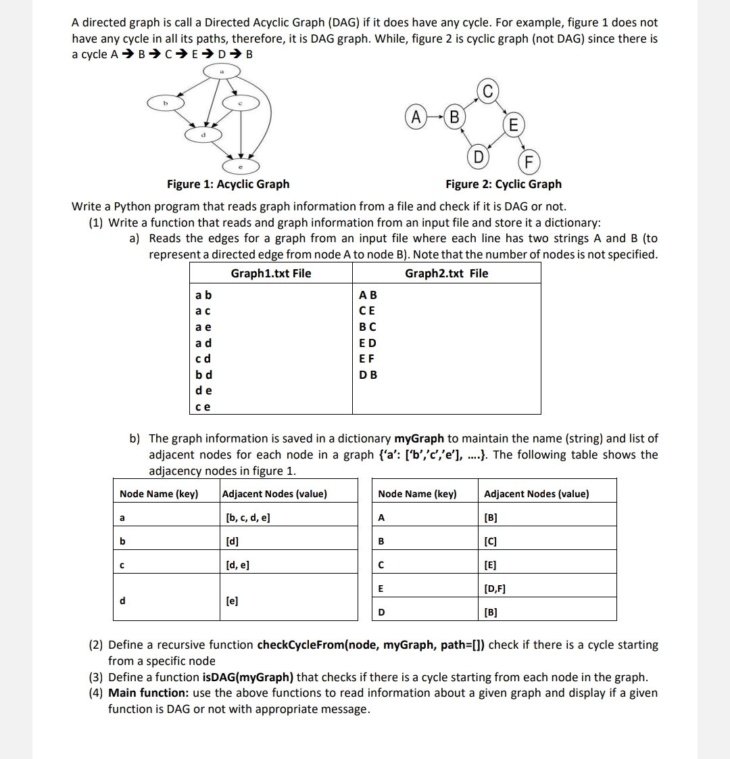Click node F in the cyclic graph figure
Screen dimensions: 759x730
(529, 162)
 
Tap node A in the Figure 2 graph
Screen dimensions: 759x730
(417, 117)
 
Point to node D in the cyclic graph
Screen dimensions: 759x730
(478, 158)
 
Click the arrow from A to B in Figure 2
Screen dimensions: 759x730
(436, 117)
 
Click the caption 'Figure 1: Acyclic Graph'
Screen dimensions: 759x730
(228, 184)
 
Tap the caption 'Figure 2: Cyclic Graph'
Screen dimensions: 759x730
(503, 184)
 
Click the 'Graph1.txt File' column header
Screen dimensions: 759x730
(271, 273)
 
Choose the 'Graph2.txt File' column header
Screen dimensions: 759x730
(446, 273)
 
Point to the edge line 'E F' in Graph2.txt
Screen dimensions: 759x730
(368, 359)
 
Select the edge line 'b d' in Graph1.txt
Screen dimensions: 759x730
(203, 375)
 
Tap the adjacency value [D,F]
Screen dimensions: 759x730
(495, 589)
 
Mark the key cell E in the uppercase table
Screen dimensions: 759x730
(381, 589)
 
